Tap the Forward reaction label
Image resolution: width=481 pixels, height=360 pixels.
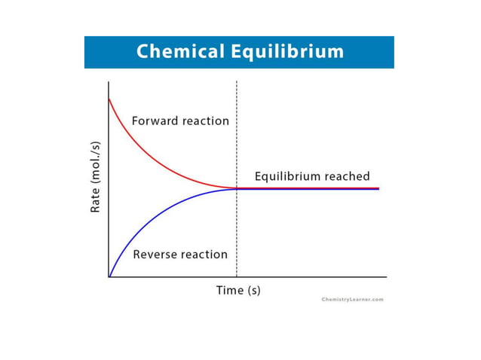(x=180, y=121)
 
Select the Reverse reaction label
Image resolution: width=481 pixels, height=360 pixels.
(x=180, y=255)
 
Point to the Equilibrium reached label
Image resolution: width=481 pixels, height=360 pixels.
(x=312, y=176)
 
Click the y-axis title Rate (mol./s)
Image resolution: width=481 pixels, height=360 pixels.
(x=96, y=177)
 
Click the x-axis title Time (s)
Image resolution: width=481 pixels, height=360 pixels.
(x=238, y=290)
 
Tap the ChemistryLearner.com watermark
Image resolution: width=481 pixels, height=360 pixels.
(x=352, y=300)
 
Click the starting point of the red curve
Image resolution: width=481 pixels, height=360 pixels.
(x=110, y=99)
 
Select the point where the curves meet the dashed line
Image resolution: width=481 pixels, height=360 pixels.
(x=237, y=188)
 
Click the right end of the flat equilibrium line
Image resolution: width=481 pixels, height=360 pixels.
(x=378, y=188)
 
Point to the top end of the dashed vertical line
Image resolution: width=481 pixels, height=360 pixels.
(x=237, y=82)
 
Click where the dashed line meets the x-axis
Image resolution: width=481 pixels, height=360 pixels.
(x=237, y=277)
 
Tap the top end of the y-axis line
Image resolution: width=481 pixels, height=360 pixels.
(x=109, y=82)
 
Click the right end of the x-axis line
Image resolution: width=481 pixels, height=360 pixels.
(x=386, y=277)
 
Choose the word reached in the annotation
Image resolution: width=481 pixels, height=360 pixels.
(x=348, y=176)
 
